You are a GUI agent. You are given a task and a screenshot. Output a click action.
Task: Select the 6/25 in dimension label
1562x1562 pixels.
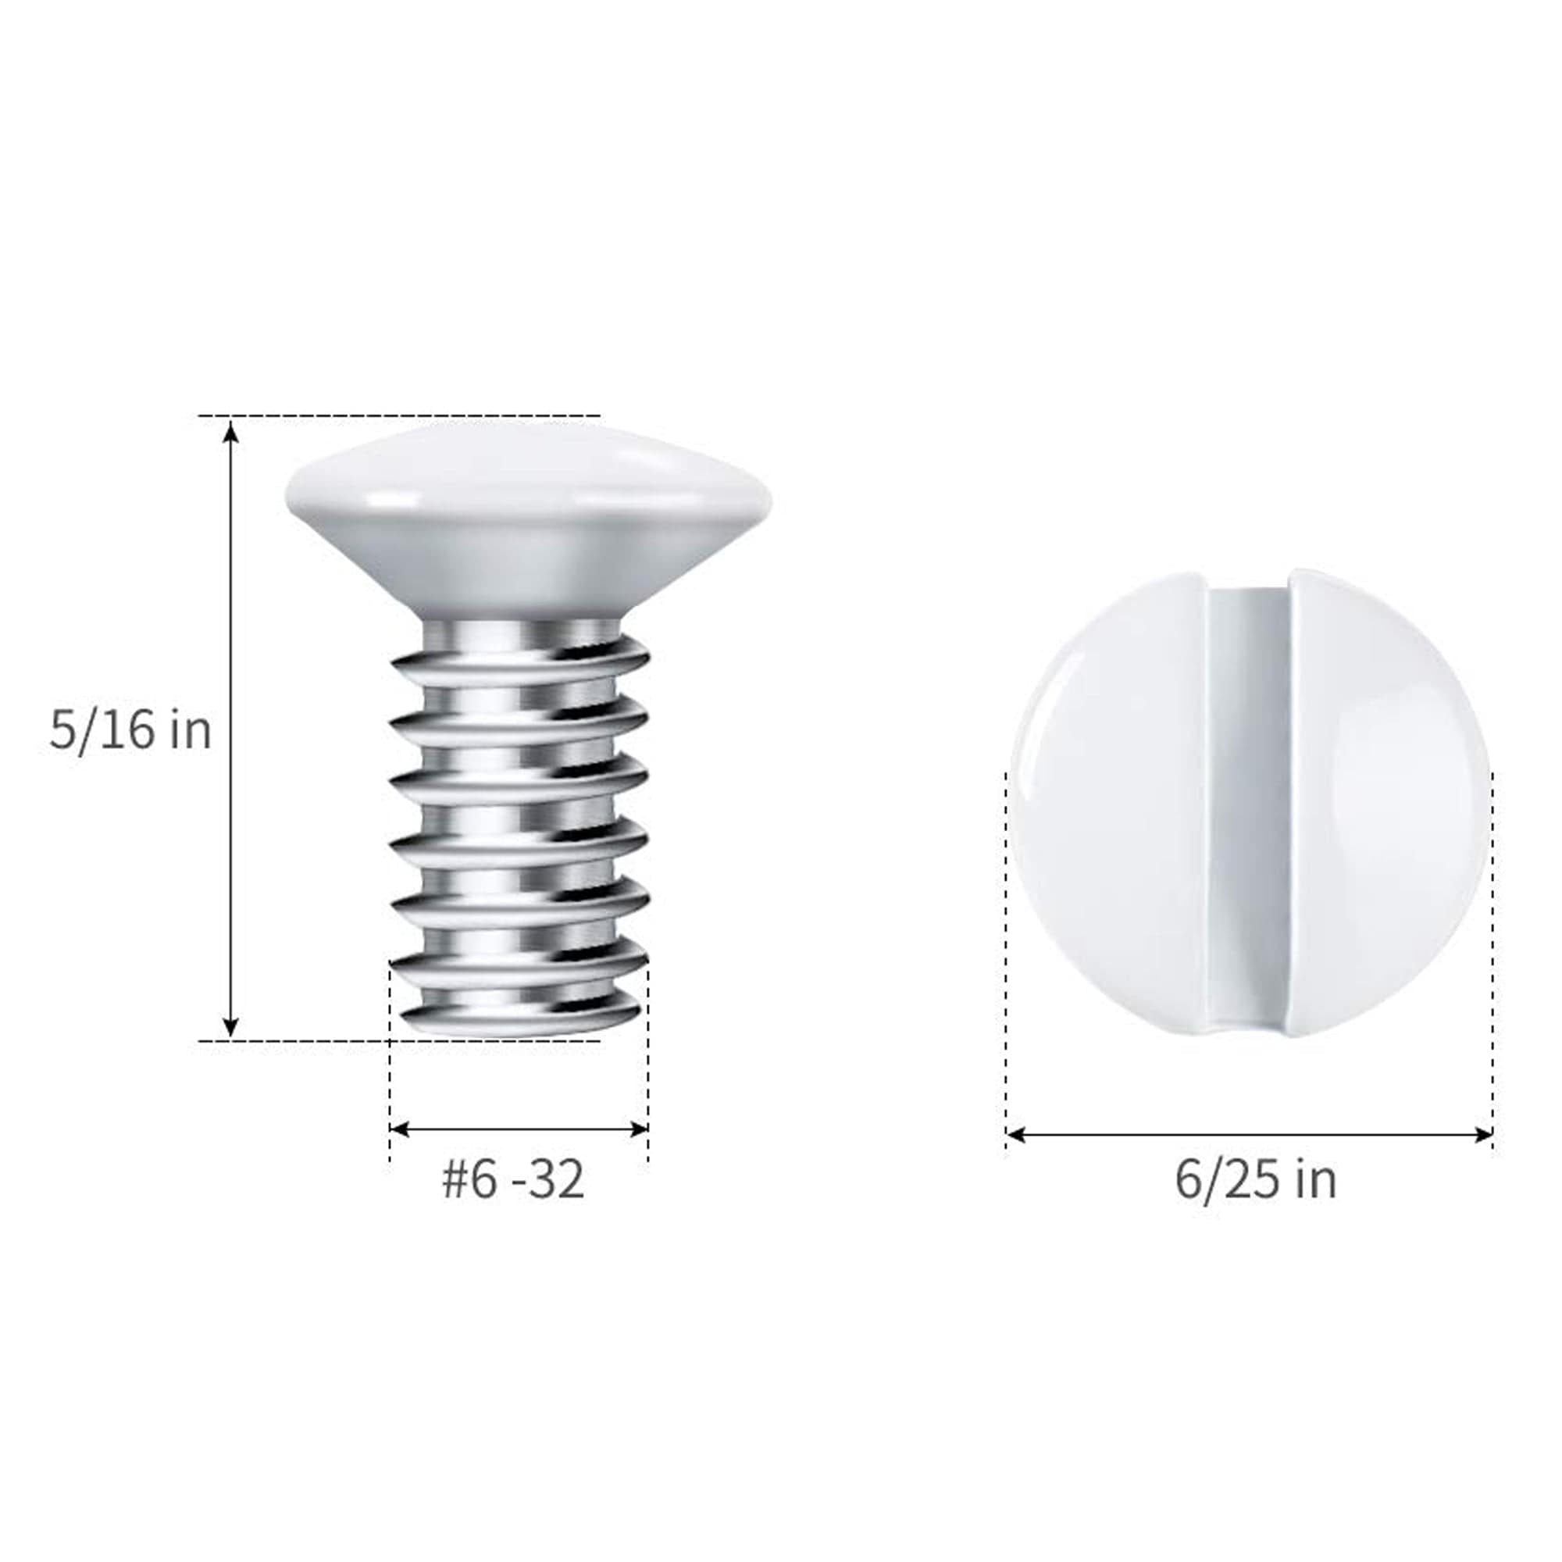[1256, 1181]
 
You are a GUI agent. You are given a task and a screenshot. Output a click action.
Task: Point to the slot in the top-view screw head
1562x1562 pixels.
[1248, 808]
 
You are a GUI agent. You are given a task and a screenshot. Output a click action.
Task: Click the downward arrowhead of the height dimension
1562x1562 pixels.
[231, 1025]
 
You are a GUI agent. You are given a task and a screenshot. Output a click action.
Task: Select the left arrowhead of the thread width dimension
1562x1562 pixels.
[399, 1129]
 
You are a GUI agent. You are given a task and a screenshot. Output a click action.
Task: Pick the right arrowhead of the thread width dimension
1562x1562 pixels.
[639, 1129]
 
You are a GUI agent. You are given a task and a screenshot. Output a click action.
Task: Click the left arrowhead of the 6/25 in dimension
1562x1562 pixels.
[1016, 1135]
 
